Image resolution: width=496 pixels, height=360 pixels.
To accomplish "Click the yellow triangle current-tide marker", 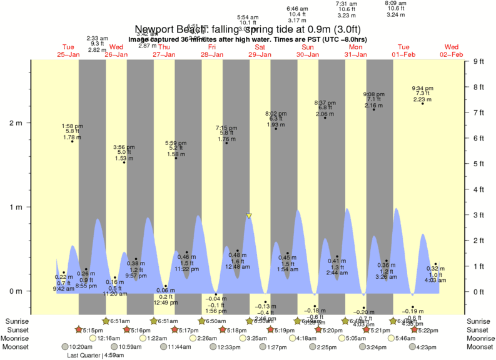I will [249, 216].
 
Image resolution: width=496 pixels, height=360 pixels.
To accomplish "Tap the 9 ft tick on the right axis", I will [479, 61].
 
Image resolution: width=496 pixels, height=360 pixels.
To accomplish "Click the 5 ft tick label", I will [479, 164].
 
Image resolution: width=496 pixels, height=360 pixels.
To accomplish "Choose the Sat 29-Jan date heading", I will [260, 51].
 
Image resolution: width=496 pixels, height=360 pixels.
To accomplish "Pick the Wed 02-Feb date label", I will [451, 51].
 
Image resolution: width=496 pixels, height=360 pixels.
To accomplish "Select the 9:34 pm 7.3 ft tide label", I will [423, 93].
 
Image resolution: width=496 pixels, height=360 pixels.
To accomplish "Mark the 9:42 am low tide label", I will [64, 282].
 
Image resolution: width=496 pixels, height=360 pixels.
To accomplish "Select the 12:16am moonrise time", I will [109, 338].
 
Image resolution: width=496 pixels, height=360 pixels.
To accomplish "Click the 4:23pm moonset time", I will [424, 346].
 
